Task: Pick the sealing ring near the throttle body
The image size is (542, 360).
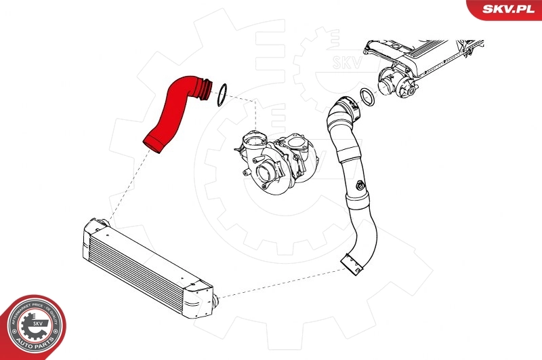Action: click(367, 97)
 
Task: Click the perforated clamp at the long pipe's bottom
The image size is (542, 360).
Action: click(351, 264)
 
